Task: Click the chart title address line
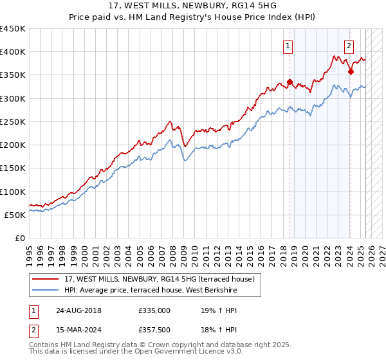[x=193, y=5]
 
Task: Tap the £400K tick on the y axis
[x=13, y=52]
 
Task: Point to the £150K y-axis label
[x=13, y=168]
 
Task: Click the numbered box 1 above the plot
[x=287, y=46]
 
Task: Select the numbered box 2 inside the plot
[x=349, y=46]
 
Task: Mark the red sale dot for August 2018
[x=289, y=82]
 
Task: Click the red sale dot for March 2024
[x=351, y=72]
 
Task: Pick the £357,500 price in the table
[x=154, y=330]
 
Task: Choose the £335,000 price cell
[x=154, y=310]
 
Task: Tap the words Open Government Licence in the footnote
[x=186, y=353]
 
